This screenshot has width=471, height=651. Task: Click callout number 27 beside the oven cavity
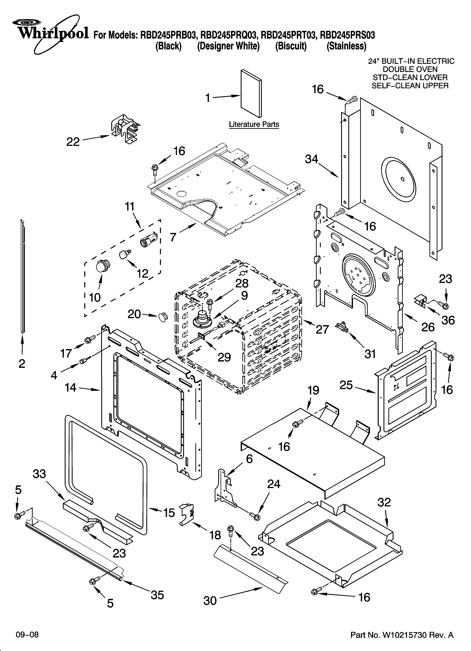pyautogui.click(x=322, y=329)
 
